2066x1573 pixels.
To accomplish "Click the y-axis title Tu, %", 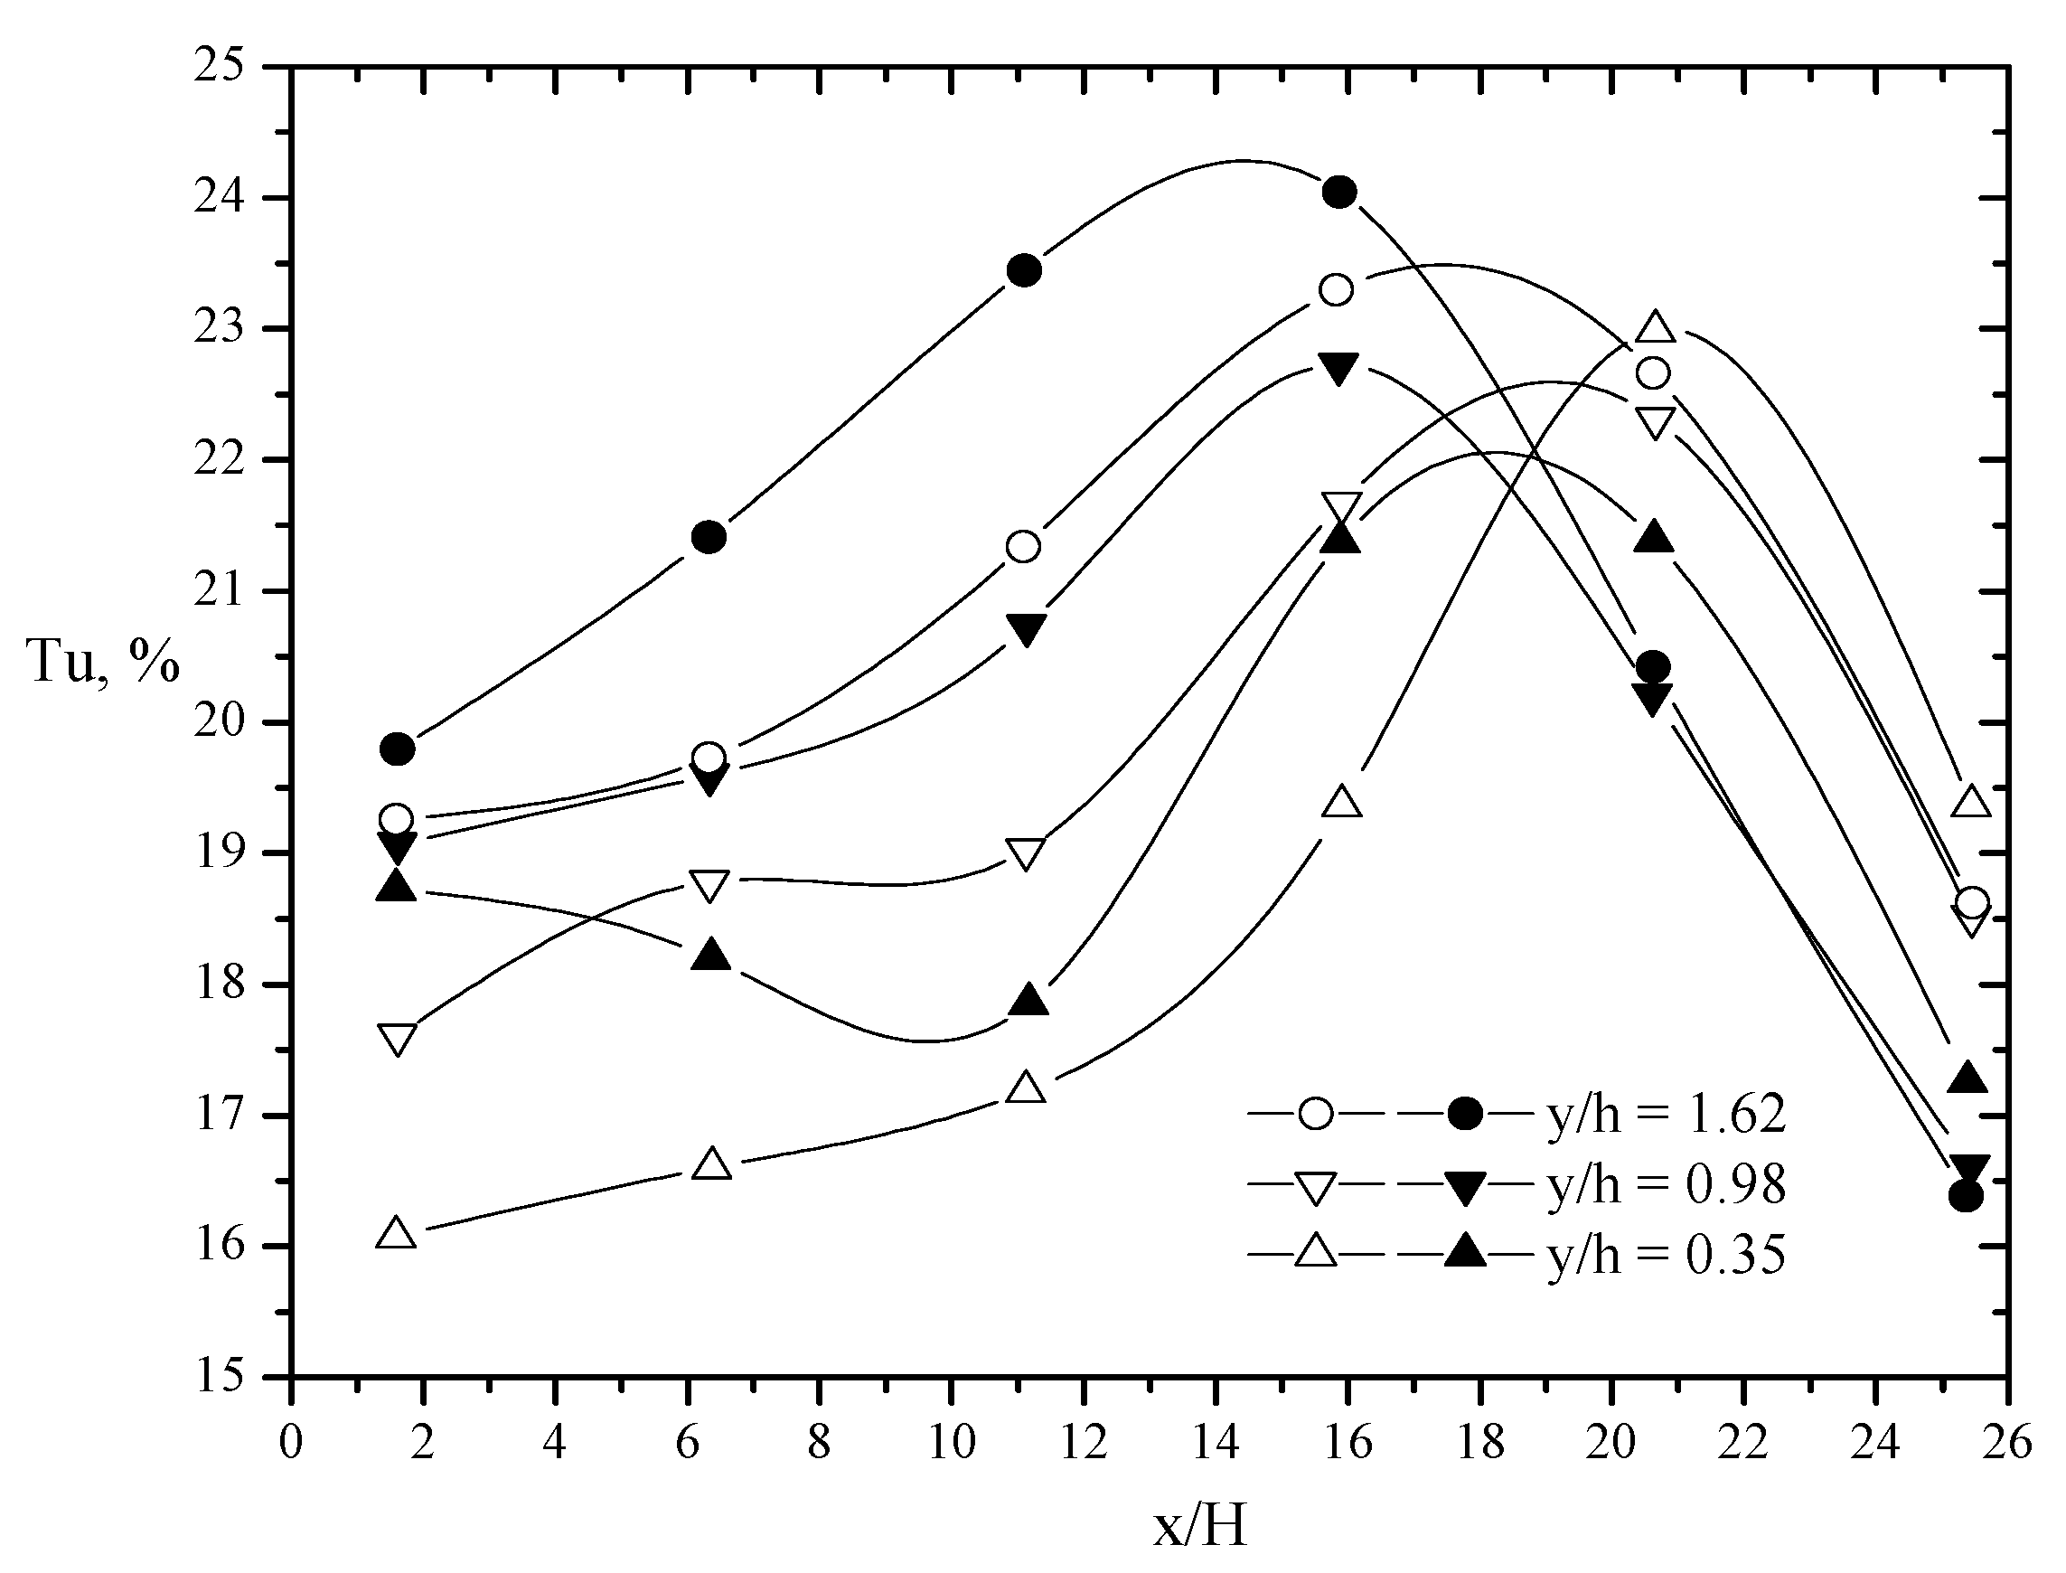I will click(x=103, y=662).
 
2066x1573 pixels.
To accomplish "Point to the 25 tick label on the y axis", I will click(x=217, y=68).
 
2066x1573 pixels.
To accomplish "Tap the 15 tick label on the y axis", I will click(x=217, y=1379).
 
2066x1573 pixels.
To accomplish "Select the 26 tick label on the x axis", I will click(x=2007, y=1443).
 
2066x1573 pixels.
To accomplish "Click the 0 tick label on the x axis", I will click(x=291, y=1443).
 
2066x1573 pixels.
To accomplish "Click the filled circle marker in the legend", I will click(x=1465, y=1114).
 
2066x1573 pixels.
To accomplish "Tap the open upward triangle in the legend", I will click(x=1315, y=1252).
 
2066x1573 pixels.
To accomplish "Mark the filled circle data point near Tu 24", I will click(x=1339, y=193).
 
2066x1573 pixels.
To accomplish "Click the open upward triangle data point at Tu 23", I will click(x=1655, y=327).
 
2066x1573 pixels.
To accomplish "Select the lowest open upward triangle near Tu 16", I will click(x=396, y=1233).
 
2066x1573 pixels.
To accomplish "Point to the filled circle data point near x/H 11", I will click(x=1024, y=270).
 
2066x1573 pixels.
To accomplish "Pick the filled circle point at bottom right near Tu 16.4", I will click(x=1966, y=1196).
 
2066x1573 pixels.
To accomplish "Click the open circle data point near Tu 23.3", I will click(x=1336, y=290).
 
